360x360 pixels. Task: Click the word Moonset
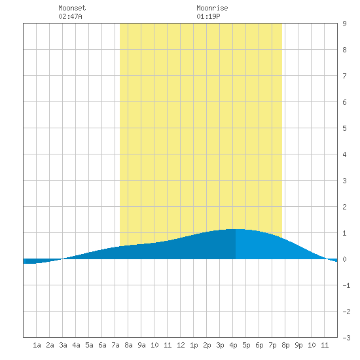click(x=72, y=8)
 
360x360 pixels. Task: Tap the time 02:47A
click(x=70, y=16)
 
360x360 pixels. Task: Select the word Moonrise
click(x=212, y=8)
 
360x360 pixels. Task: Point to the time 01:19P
click(x=208, y=16)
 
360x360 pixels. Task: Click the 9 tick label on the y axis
click(x=344, y=24)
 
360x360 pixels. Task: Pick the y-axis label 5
click(x=344, y=128)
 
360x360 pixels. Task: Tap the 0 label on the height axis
click(x=344, y=259)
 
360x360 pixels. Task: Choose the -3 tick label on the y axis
click(x=346, y=338)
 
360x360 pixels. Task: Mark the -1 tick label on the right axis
click(x=346, y=285)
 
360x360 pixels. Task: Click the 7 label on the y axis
click(x=344, y=76)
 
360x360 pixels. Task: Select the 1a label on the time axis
click(x=37, y=345)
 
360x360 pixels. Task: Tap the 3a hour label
click(x=63, y=345)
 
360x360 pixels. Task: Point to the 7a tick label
click(x=115, y=345)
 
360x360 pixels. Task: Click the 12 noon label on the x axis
click(x=181, y=345)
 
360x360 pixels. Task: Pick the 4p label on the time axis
click(x=233, y=345)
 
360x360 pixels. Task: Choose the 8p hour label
click(x=285, y=345)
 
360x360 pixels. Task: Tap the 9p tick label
click(x=298, y=345)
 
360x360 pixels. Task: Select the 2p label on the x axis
click(x=207, y=345)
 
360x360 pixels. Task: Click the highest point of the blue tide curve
click(x=236, y=229)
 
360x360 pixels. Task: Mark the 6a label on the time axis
click(x=102, y=345)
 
